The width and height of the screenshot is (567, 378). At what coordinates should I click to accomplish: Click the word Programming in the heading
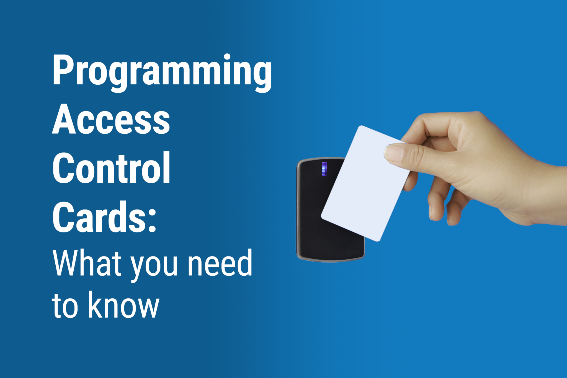click(x=162, y=71)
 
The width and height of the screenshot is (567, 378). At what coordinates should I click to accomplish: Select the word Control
click(x=111, y=168)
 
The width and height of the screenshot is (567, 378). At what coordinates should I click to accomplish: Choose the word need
click(x=220, y=263)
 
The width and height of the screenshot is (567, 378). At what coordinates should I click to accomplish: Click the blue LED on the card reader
click(x=324, y=169)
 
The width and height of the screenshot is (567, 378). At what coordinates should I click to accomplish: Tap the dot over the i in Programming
click(x=227, y=57)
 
